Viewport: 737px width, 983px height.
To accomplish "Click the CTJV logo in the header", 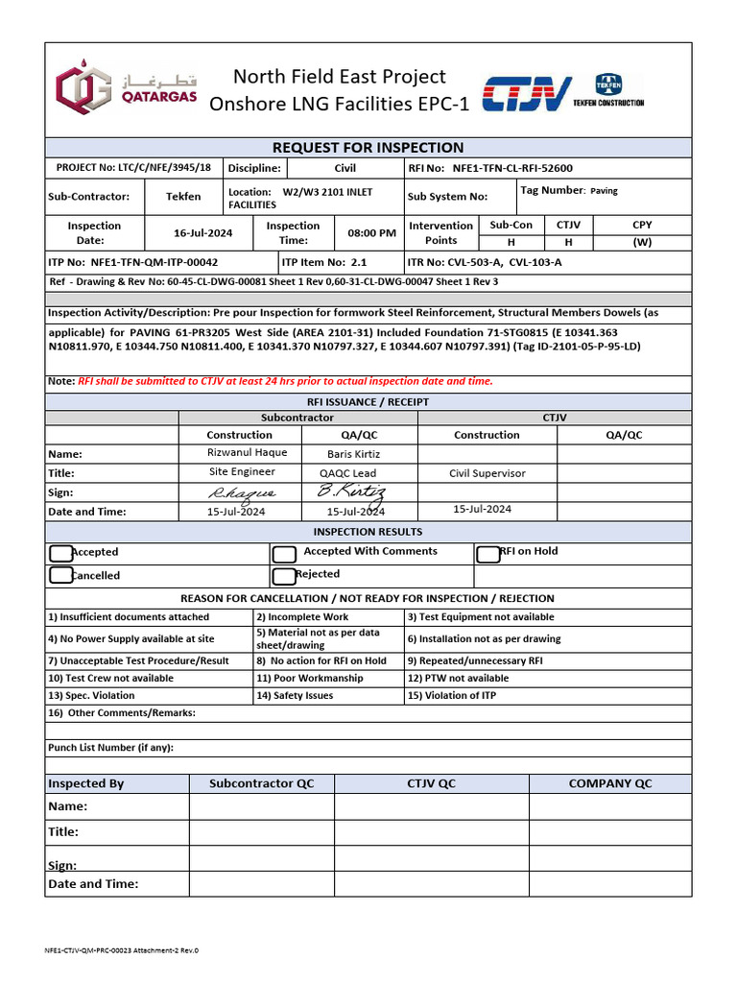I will pos(527,94).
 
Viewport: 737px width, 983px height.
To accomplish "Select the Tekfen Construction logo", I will pos(608,90).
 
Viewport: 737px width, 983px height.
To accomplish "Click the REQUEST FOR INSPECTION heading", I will pos(368,148).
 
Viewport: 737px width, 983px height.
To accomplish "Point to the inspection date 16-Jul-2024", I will pos(203,233).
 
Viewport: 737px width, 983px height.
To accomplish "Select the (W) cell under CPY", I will pos(641,242).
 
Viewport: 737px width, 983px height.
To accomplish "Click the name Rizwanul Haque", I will pos(247,453).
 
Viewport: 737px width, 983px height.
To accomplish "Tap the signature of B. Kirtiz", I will pos(351,491).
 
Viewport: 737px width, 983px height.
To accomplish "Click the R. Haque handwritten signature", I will pos(242,492).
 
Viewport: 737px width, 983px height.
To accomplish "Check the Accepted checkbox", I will pos(60,553).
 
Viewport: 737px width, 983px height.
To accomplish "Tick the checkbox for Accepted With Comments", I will pos(284,554).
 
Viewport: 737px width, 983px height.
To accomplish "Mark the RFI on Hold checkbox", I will pos(487,554).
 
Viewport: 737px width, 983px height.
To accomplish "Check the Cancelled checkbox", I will pos(60,576).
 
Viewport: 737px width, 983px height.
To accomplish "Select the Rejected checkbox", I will pos(284,576).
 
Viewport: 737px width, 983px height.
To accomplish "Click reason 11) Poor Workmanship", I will pos(309,678).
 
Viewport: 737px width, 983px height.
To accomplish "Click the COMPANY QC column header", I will pos(609,783).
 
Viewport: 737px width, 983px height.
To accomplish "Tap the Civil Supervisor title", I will pos(487,473).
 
